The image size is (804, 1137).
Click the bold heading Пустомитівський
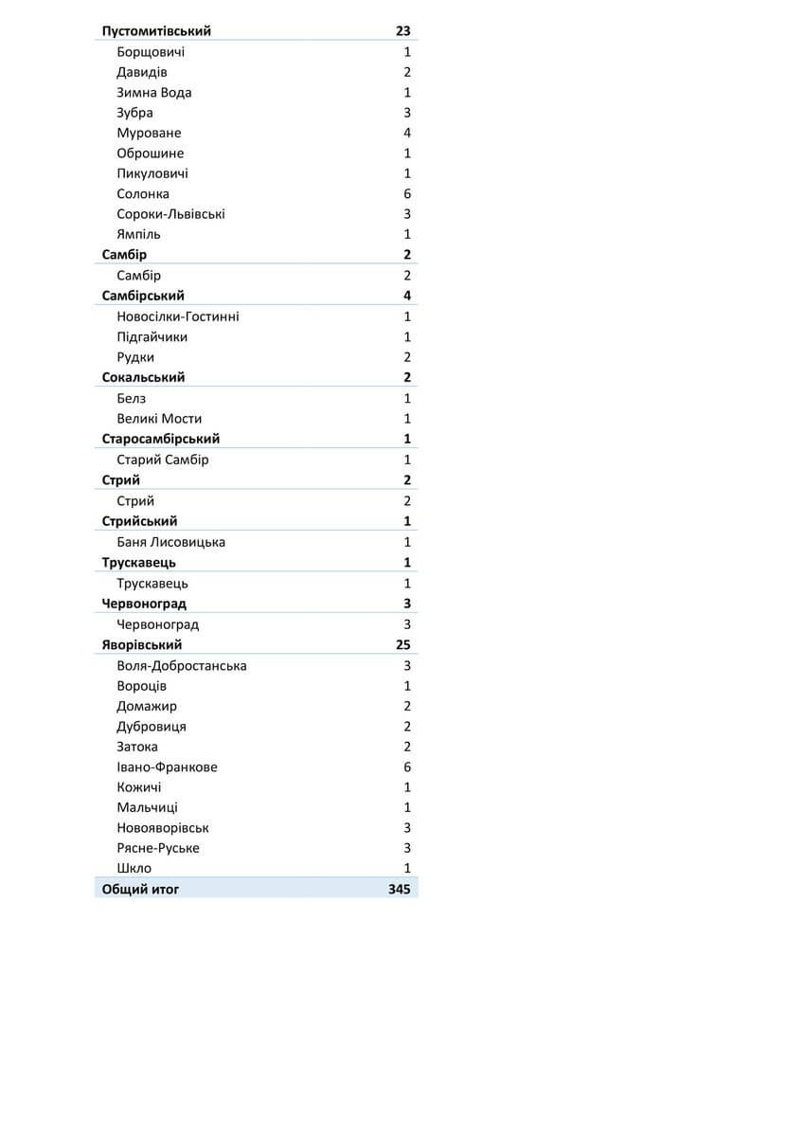point(156,31)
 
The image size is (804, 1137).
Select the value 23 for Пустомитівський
point(403,31)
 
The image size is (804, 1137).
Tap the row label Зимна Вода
point(154,93)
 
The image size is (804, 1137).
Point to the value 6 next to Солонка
point(407,194)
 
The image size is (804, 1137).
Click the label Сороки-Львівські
point(170,214)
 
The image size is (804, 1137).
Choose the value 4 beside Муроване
point(407,134)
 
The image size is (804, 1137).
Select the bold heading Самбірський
point(143,296)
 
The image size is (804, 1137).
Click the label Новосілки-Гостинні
point(178,316)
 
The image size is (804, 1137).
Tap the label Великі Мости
point(159,419)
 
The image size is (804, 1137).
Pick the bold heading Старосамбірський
point(161,440)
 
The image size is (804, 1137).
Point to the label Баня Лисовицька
point(170,542)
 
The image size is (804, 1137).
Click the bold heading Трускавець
point(139,563)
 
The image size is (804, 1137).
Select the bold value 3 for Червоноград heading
point(407,604)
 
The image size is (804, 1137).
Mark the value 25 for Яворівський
point(403,645)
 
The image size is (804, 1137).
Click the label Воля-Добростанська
point(182,666)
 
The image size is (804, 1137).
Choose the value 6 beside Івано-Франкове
point(407,767)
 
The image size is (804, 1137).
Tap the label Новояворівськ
point(163,828)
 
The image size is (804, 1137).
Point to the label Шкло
point(134,869)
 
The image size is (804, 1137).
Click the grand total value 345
point(399,890)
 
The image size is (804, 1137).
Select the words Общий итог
point(140,890)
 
